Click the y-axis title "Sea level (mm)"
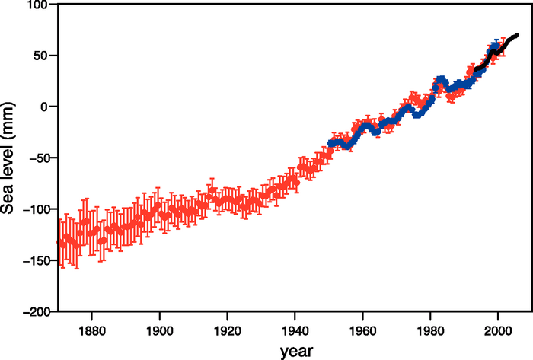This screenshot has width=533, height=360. [10, 158]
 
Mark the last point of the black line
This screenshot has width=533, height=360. [516, 35]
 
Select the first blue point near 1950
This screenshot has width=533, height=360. [330, 143]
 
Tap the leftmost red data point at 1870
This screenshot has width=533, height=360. [59, 242]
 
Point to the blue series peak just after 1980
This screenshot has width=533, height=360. [441, 79]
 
